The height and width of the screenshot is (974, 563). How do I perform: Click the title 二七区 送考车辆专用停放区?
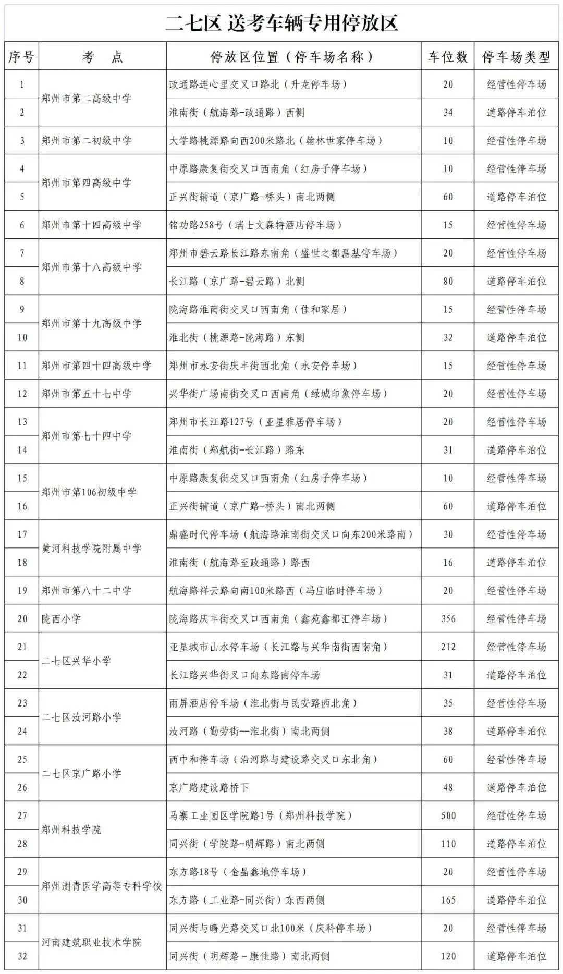(281, 23)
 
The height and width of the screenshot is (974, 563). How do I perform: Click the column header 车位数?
(448, 57)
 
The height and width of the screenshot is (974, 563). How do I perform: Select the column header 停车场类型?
(516, 57)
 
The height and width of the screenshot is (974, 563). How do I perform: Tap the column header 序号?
(21, 57)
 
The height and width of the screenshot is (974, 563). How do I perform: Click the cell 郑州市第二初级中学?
(87, 141)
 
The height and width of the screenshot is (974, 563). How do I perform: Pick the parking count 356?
(448, 619)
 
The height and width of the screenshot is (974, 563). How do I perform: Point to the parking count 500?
(448, 816)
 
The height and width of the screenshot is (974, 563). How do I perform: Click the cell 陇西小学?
(62, 619)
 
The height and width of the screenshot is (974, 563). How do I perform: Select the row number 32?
(22, 957)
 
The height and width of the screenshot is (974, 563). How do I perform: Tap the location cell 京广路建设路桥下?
(209, 788)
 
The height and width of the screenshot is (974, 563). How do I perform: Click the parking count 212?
(448, 647)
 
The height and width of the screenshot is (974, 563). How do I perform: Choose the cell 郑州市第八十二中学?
(87, 591)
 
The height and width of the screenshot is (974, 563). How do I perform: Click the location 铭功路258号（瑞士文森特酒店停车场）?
(255, 225)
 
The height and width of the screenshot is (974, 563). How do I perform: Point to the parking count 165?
(448, 900)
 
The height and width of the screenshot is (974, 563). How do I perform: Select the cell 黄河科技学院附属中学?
(92, 549)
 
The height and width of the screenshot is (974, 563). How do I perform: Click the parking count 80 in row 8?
(448, 282)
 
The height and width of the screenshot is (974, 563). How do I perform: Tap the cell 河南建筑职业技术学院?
(92, 943)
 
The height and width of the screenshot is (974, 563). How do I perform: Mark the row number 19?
(22, 591)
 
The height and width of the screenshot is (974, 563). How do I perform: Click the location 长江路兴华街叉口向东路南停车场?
(244, 675)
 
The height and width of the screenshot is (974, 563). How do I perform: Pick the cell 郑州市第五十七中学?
(87, 394)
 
